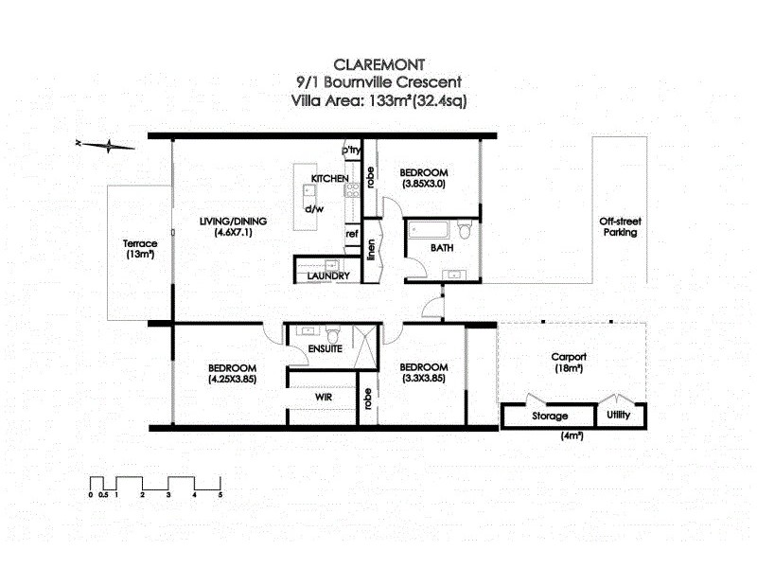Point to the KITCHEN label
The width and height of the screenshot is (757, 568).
[329, 179]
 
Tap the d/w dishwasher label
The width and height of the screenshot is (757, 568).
[314, 208]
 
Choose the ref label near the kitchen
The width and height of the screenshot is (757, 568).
[351, 234]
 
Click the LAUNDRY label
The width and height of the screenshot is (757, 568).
[328, 275]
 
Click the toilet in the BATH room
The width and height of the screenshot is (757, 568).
[464, 230]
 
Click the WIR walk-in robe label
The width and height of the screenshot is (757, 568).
[323, 399]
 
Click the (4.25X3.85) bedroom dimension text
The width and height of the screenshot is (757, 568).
[232, 379]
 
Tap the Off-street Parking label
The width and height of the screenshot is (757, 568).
[618, 226]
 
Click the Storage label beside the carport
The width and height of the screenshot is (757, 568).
[549, 416]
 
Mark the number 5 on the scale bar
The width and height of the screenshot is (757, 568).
[220, 494]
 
